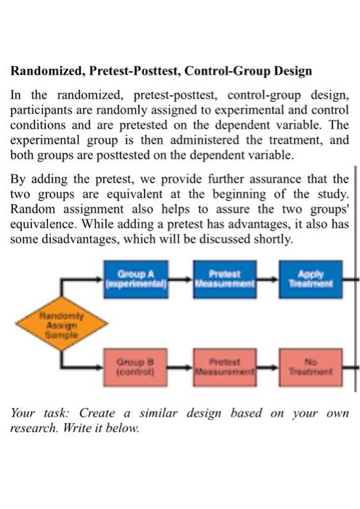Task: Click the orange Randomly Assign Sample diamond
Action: [x=62, y=324]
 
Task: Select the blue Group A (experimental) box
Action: [x=136, y=279]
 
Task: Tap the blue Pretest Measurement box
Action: [x=225, y=279]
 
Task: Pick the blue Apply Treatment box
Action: [x=311, y=279]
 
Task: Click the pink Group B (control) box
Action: [x=135, y=367]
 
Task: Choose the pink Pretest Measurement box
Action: [x=225, y=367]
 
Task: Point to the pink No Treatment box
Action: [x=311, y=367]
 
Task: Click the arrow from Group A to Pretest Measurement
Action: [x=180, y=278]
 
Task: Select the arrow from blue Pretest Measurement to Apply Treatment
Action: [x=268, y=278]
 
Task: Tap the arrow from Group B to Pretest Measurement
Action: [x=180, y=367]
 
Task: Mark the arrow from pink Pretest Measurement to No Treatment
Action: [x=268, y=367]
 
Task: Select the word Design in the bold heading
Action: [x=293, y=71]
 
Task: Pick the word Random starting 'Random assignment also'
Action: [x=33, y=209]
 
